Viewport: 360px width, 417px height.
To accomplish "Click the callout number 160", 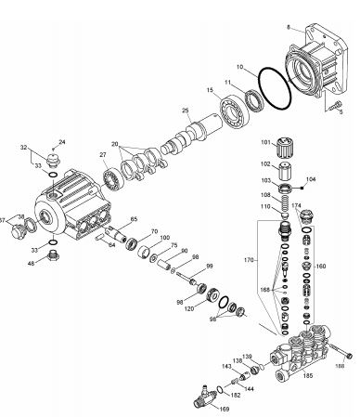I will click(x=322, y=266).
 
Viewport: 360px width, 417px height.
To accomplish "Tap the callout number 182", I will click(x=236, y=396).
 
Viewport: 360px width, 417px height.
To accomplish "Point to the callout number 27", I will click(x=102, y=154).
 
